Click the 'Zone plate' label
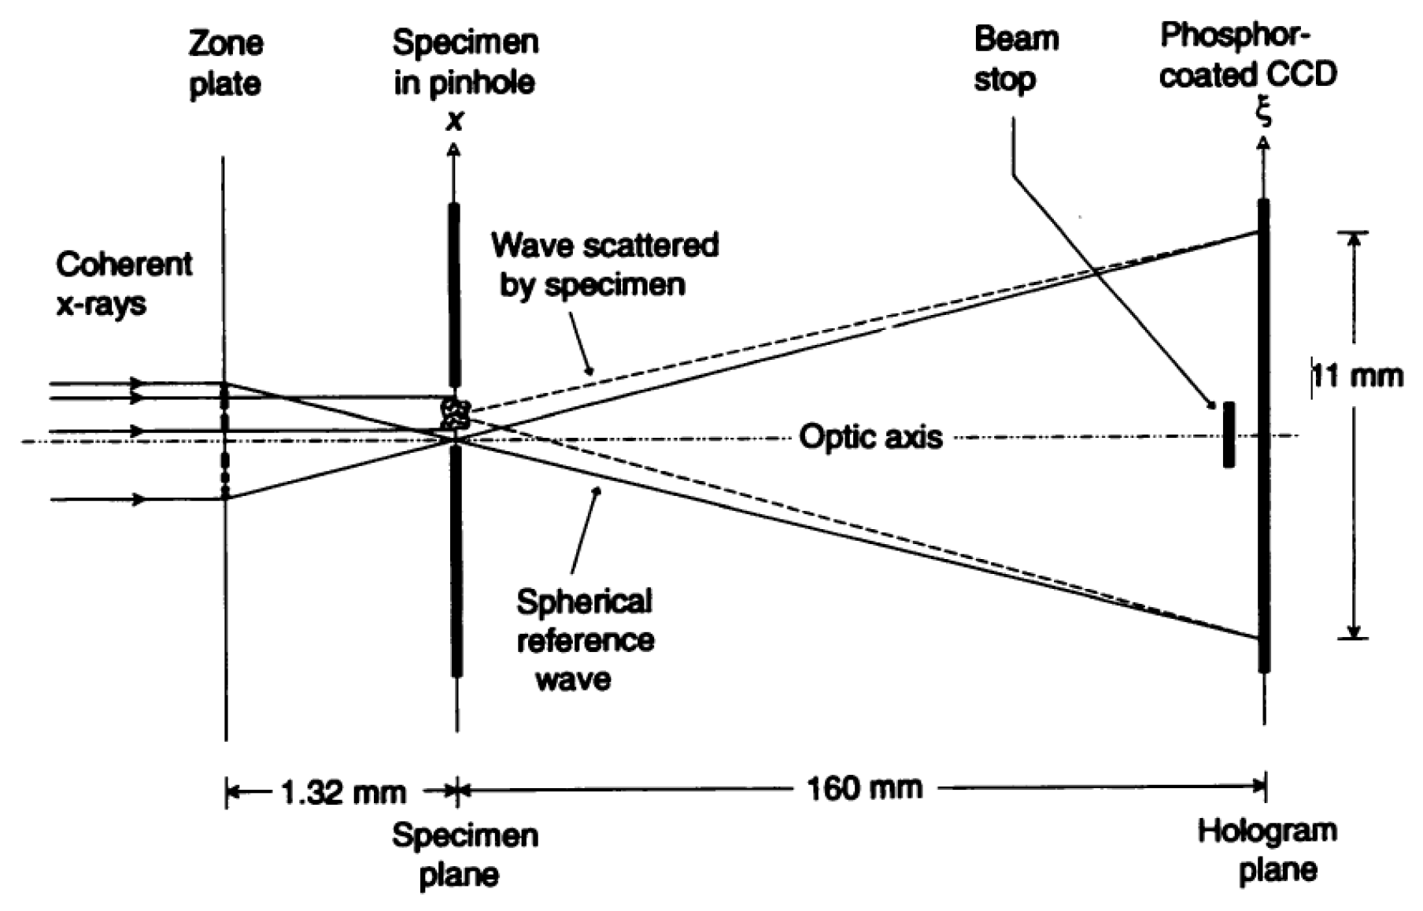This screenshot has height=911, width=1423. pyautogui.click(x=225, y=64)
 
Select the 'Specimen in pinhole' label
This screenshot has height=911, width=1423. pyautogui.click(x=465, y=62)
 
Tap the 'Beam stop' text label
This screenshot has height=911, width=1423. pyautogui.click(x=1016, y=59)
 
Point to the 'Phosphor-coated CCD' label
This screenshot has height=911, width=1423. pyautogui.click(x=1248, y=55)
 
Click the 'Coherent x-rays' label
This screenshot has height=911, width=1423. pyautogui.click(x=123, y=283)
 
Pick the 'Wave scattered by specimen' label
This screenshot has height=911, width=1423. pyautogui.click(x=604, y=265)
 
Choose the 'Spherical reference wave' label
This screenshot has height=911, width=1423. pyautogui.click(x=584, y=639)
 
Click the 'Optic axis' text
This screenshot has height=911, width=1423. pyautogui.click(x=870, y=437)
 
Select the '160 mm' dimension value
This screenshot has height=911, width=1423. pyautogui.click(x=864, y=787)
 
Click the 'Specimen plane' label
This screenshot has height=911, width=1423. pyautogui.click(x=464, y=855)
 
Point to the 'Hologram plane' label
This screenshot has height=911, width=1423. pyautogui.click(x=1267, y=850)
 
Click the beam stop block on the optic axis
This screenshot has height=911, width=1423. pyautogui.click(x=1229, y=435)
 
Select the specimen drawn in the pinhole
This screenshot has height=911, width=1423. pyautogui.click(x=455, y=413)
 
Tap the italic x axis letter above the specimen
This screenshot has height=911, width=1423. pyautogui.click(x=454, y=121)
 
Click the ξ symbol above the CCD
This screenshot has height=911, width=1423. pyautogui.click(x=1263, y=112)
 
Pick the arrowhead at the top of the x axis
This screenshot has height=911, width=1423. pyautogui.click(x=455, y=149)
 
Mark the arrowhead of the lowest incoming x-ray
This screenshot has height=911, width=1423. pyautogui.click(x=138, y=499)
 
